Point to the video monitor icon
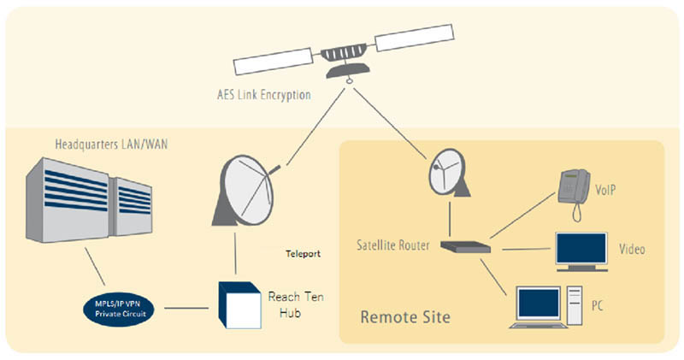581,251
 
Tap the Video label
631,251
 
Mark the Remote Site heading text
405,317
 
